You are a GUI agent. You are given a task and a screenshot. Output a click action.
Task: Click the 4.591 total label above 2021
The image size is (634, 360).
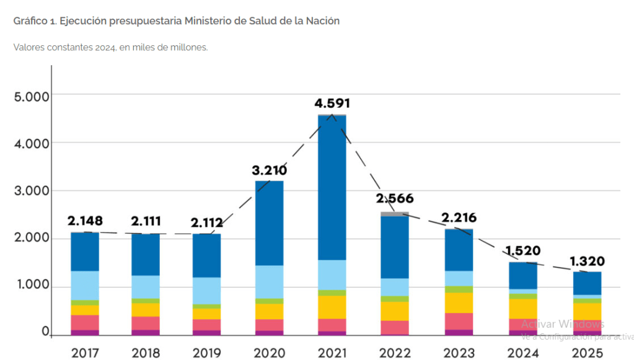[337, 103]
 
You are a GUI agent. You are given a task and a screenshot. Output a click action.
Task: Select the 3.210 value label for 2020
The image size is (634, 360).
[269, 170]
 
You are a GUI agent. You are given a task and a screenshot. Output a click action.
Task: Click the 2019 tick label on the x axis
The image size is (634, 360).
[206, 353]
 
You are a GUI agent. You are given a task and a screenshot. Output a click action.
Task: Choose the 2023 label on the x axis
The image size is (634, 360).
[458, 353]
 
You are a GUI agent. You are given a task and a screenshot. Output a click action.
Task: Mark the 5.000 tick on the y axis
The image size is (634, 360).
[31, 97]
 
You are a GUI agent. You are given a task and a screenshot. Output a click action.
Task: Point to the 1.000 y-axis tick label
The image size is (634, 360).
[32, 286]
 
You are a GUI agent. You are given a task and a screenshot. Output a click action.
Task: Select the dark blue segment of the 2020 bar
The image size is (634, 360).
[269, 223]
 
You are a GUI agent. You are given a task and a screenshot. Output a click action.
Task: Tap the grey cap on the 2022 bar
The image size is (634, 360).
[395, 214]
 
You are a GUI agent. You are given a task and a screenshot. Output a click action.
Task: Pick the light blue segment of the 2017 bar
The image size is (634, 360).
[85, 286]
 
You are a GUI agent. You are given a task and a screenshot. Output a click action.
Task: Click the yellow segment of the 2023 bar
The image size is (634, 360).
[458, 302]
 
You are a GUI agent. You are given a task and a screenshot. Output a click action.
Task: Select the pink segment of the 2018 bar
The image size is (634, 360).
[146, 323]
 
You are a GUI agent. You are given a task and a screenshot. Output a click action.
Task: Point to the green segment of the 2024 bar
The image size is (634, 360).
[523, 296]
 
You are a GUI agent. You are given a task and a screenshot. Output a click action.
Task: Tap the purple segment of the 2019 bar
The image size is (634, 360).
[206, 333]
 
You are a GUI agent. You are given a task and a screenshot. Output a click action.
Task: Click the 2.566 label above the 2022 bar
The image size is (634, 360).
[395, 199]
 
